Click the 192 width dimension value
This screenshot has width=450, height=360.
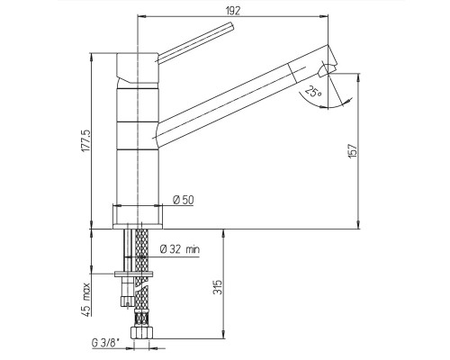click(x=232, y=11)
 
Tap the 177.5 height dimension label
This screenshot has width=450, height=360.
click(x=85, y=140)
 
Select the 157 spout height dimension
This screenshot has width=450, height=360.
click(x=353, y=151)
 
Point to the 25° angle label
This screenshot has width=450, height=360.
click(x=313, y=91)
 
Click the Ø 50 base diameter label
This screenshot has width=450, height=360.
click(x=184, y=200)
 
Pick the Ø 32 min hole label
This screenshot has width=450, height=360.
click(x=180, y=249)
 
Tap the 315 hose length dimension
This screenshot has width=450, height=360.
click(x=219, y=287)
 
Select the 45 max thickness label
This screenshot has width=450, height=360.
click(x=85, y=299)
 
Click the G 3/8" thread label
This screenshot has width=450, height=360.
click(x=105, y=343)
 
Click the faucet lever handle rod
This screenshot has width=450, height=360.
click(x=194, y=42)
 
